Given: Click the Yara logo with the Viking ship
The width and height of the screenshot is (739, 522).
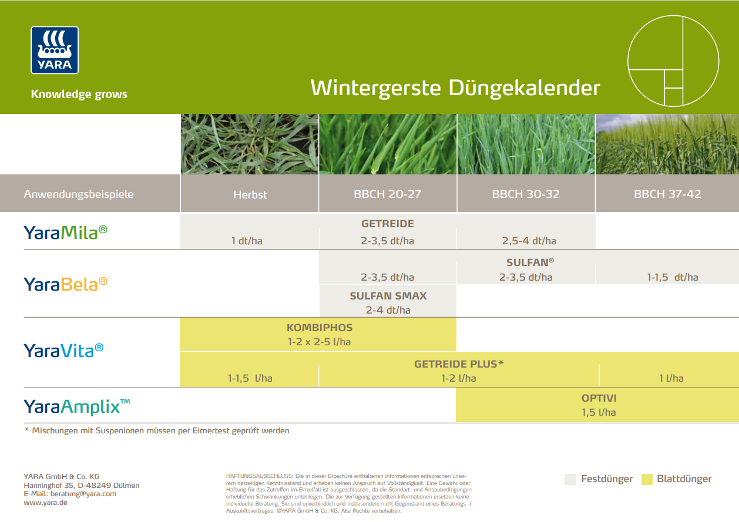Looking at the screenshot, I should point(55,50).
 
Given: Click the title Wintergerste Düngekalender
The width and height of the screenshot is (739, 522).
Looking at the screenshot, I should point(455,87).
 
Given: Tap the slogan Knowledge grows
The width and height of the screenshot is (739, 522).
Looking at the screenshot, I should point(79,94).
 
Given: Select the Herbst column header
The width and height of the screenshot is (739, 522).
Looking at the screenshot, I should point(250,194).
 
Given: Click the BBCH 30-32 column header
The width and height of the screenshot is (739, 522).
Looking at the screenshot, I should point(526,194).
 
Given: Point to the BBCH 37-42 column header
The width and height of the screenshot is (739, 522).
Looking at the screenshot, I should point(667,194).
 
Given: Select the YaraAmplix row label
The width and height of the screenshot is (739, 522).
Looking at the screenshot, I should point(77,406).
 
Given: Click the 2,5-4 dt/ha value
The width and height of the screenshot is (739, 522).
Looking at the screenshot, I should point(529,241).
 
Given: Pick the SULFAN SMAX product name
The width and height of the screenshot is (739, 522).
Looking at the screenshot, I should point(388,296).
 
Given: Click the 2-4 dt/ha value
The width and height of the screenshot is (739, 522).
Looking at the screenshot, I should point(388,310).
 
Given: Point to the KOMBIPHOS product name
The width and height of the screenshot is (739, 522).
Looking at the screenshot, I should point(320,328).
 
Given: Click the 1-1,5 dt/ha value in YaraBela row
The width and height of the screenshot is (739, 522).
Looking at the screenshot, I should point(673,277).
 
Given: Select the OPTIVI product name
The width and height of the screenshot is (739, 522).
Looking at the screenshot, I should point(599,398).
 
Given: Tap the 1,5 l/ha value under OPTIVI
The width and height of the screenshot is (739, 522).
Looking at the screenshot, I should point(599,412).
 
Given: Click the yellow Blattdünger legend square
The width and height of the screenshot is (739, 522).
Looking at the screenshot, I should point(647,479).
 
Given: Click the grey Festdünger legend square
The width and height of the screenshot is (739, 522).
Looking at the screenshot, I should point(570,479).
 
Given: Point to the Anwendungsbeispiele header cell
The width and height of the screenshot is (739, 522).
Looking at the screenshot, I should point(79,194).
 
